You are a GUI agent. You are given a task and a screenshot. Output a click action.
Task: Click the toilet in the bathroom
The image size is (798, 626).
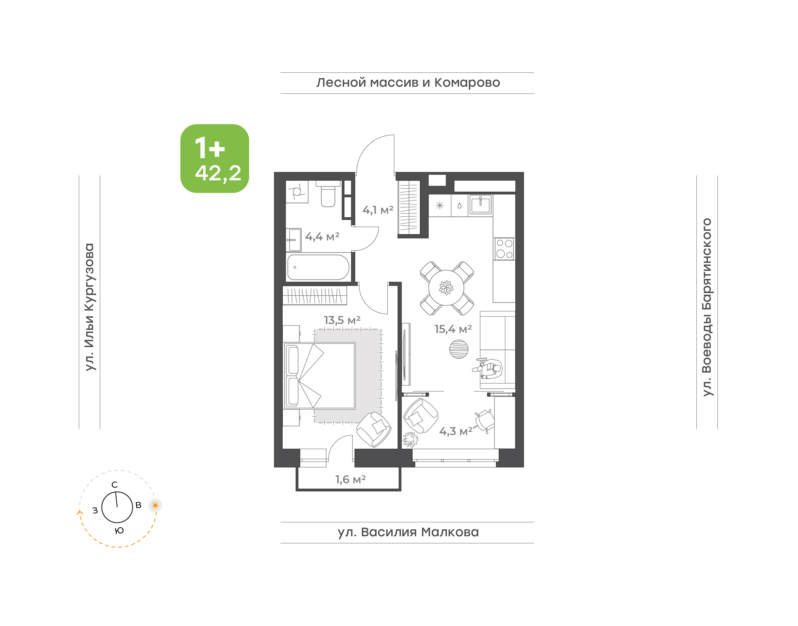[x=328, y=194]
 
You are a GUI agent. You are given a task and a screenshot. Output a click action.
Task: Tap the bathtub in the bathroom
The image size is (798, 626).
[x=318, y=268]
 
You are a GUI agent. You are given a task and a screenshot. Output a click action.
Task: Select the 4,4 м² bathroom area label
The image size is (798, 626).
[x=322, y=237]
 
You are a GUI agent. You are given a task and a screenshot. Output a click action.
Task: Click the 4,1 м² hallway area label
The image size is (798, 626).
[x=378, y=210]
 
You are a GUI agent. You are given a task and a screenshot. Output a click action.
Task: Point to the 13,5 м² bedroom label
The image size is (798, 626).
[x=342, y=320]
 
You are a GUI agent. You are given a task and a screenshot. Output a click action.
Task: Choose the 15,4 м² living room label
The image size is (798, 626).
[x=453, y=329]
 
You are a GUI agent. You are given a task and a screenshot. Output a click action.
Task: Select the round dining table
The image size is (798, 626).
[x=446, y=288]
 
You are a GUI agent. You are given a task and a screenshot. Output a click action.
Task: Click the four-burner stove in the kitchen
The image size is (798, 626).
[x=504, y=249]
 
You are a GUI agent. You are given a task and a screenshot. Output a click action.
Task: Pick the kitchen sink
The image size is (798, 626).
[x=480, y=204]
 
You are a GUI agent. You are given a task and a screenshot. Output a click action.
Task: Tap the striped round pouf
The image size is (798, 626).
[x=459, y=349]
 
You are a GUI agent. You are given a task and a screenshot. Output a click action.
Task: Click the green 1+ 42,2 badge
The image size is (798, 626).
[x=214, y=158]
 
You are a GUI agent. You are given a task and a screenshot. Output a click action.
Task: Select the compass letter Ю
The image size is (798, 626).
[x=119, y=531]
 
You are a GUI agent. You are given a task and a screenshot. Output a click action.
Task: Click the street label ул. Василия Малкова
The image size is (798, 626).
[x=408, y=532]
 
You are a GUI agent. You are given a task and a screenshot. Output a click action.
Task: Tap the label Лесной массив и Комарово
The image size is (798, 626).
[x=408, y=83]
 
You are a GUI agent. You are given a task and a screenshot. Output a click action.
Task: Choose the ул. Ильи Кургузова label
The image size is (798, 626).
[x=89, y=307]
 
